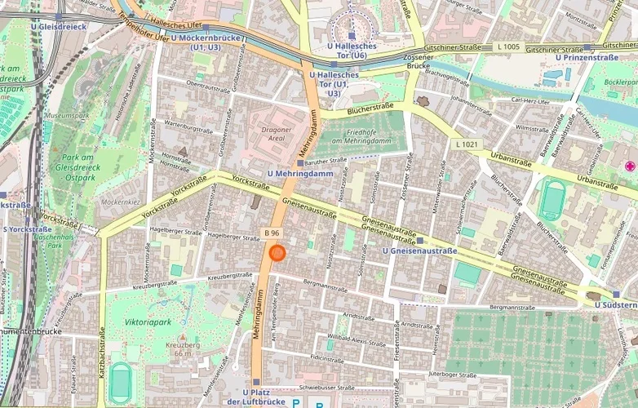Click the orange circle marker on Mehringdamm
tap(277, 253)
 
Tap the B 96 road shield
tap(273, 234)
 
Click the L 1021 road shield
tap(467, 144)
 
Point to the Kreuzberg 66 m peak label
tap(184, 348)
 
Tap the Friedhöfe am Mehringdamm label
tap(357, 136)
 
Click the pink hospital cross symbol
tap(629, 166)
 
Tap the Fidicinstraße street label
tap(326, 358)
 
